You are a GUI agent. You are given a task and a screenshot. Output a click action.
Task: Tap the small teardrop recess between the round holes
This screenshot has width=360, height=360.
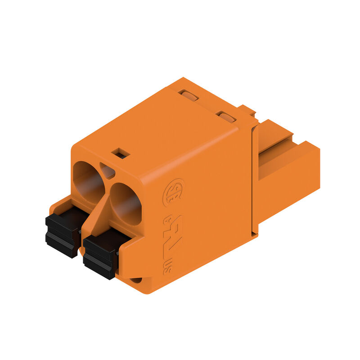(x=107, y=170)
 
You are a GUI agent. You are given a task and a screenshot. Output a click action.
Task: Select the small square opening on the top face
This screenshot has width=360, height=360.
(x=120, y=153)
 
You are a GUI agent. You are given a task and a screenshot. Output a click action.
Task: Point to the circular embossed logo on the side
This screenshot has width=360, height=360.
(x=173, y=192)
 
